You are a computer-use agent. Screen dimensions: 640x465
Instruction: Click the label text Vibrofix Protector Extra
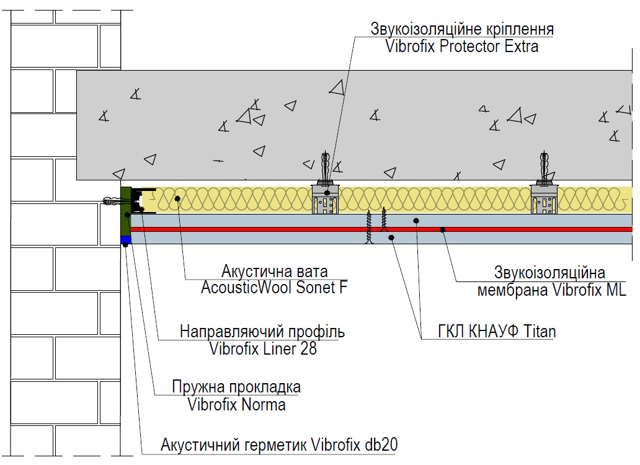461,46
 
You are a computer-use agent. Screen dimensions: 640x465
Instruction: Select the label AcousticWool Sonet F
274,287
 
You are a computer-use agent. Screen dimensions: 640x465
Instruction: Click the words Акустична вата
274,271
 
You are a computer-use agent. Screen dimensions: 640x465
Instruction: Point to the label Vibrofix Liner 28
263,348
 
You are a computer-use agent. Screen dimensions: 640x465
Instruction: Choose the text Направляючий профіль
262,332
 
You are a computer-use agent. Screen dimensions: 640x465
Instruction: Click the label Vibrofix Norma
236,404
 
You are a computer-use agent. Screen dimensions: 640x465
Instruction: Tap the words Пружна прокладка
236,387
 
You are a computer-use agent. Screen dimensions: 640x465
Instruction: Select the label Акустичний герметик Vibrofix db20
279,445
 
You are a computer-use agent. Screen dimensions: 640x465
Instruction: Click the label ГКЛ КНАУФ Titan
497,331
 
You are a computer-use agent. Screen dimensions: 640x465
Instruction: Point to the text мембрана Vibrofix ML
551,290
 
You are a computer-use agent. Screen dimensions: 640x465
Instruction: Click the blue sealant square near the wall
126,240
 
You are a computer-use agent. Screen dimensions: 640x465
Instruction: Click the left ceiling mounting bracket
326,198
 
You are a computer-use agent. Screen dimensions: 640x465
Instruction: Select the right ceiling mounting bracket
544,198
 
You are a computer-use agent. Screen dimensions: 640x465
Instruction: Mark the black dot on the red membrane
442,229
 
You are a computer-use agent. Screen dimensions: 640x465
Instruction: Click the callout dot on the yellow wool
177,198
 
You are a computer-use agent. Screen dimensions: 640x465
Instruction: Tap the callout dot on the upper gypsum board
416,221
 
